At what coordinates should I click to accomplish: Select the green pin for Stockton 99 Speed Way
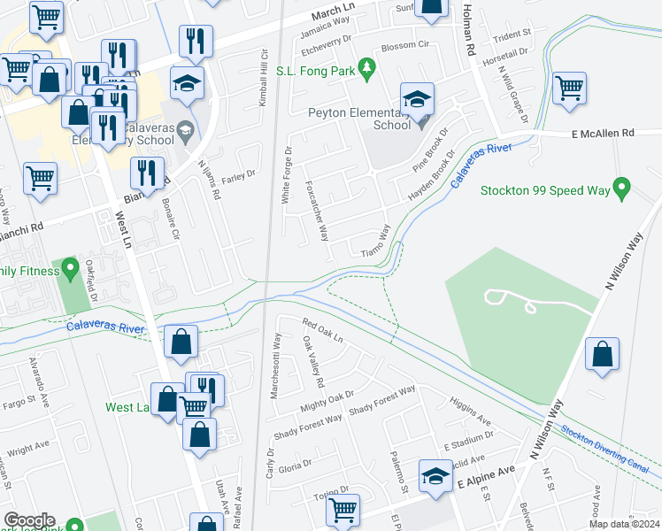[x=622, y=189]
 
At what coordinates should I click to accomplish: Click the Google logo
[x=29, y=520]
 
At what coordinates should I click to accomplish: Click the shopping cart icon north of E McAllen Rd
[x=570, y=88]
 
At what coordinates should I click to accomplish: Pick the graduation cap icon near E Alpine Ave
[x=435, y=476]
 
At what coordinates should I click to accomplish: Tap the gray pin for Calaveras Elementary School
[x=185, y=132]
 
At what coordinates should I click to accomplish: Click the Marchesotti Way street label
[x=276, y=366]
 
